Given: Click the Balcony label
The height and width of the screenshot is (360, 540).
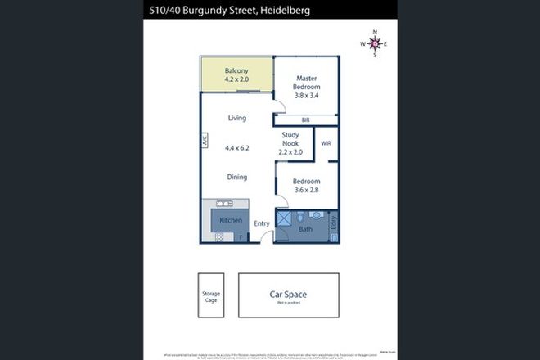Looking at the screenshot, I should (x=236, y=70).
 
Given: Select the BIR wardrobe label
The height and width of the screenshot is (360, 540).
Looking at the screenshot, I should (x=305, y=119).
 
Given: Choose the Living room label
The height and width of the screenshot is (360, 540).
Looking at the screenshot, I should (x=236, y=119).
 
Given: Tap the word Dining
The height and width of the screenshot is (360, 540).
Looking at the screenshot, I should (x=236, y=177).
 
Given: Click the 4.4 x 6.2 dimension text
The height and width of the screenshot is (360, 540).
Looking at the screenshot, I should (x=236, y=148).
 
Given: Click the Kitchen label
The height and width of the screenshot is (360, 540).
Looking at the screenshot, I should (x=230, y=221).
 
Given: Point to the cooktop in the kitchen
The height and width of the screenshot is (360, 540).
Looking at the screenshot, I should (x=221, y=237).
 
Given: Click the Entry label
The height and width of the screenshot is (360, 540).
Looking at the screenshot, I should (x=262, y=223).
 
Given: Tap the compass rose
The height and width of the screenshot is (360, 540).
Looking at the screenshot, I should (x=375, y=44).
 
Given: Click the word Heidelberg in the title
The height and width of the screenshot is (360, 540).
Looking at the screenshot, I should (x=276, y=9).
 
